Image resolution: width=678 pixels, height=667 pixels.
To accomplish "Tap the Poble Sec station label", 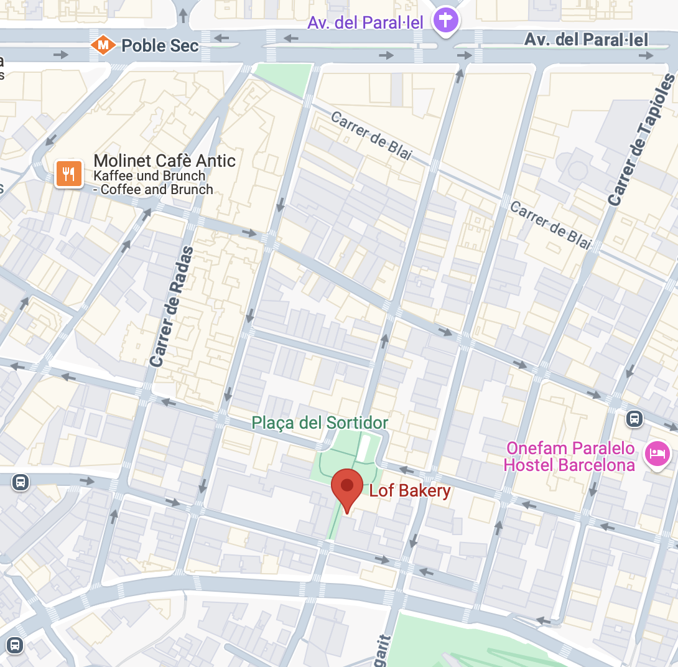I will click(x=160, y=45).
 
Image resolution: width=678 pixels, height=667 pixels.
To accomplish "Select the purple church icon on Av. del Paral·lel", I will click(x=446, y=21).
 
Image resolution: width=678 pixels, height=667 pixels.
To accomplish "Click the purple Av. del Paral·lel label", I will click(x=366, y=23).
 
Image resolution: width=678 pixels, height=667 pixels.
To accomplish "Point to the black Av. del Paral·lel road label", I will click(x=586, y=40).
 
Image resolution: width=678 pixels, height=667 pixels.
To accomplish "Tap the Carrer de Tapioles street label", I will click(x=641, y=141).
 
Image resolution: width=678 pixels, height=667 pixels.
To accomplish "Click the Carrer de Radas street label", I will click(x=172, y=306).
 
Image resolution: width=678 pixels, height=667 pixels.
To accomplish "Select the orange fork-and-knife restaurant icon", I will click(x=69, y=173).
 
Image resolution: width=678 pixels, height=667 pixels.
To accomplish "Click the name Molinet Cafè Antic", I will click(x=164, y=161).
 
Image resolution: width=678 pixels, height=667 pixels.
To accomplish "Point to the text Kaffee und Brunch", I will click(x=149, y=176).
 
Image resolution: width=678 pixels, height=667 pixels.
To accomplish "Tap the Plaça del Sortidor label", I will click(x=320, y=423).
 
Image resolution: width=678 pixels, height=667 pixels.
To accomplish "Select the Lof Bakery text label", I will click(x=409, y=491).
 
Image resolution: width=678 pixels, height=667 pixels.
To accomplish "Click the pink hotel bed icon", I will click(x=657, y=453).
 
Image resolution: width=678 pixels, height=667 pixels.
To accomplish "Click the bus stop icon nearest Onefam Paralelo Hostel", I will click(x=634, y=418).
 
